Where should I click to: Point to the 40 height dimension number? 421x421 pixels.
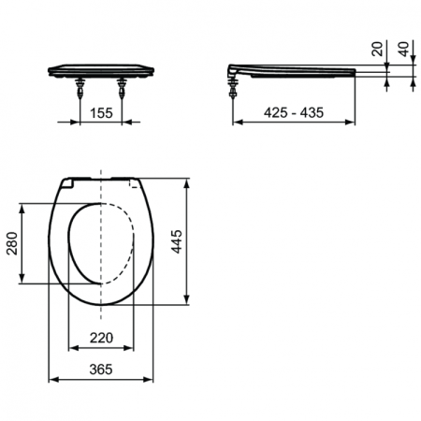click(403, 50)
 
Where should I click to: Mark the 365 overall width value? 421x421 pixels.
click(101, 369)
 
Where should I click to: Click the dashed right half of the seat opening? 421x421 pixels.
click(131, 242)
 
